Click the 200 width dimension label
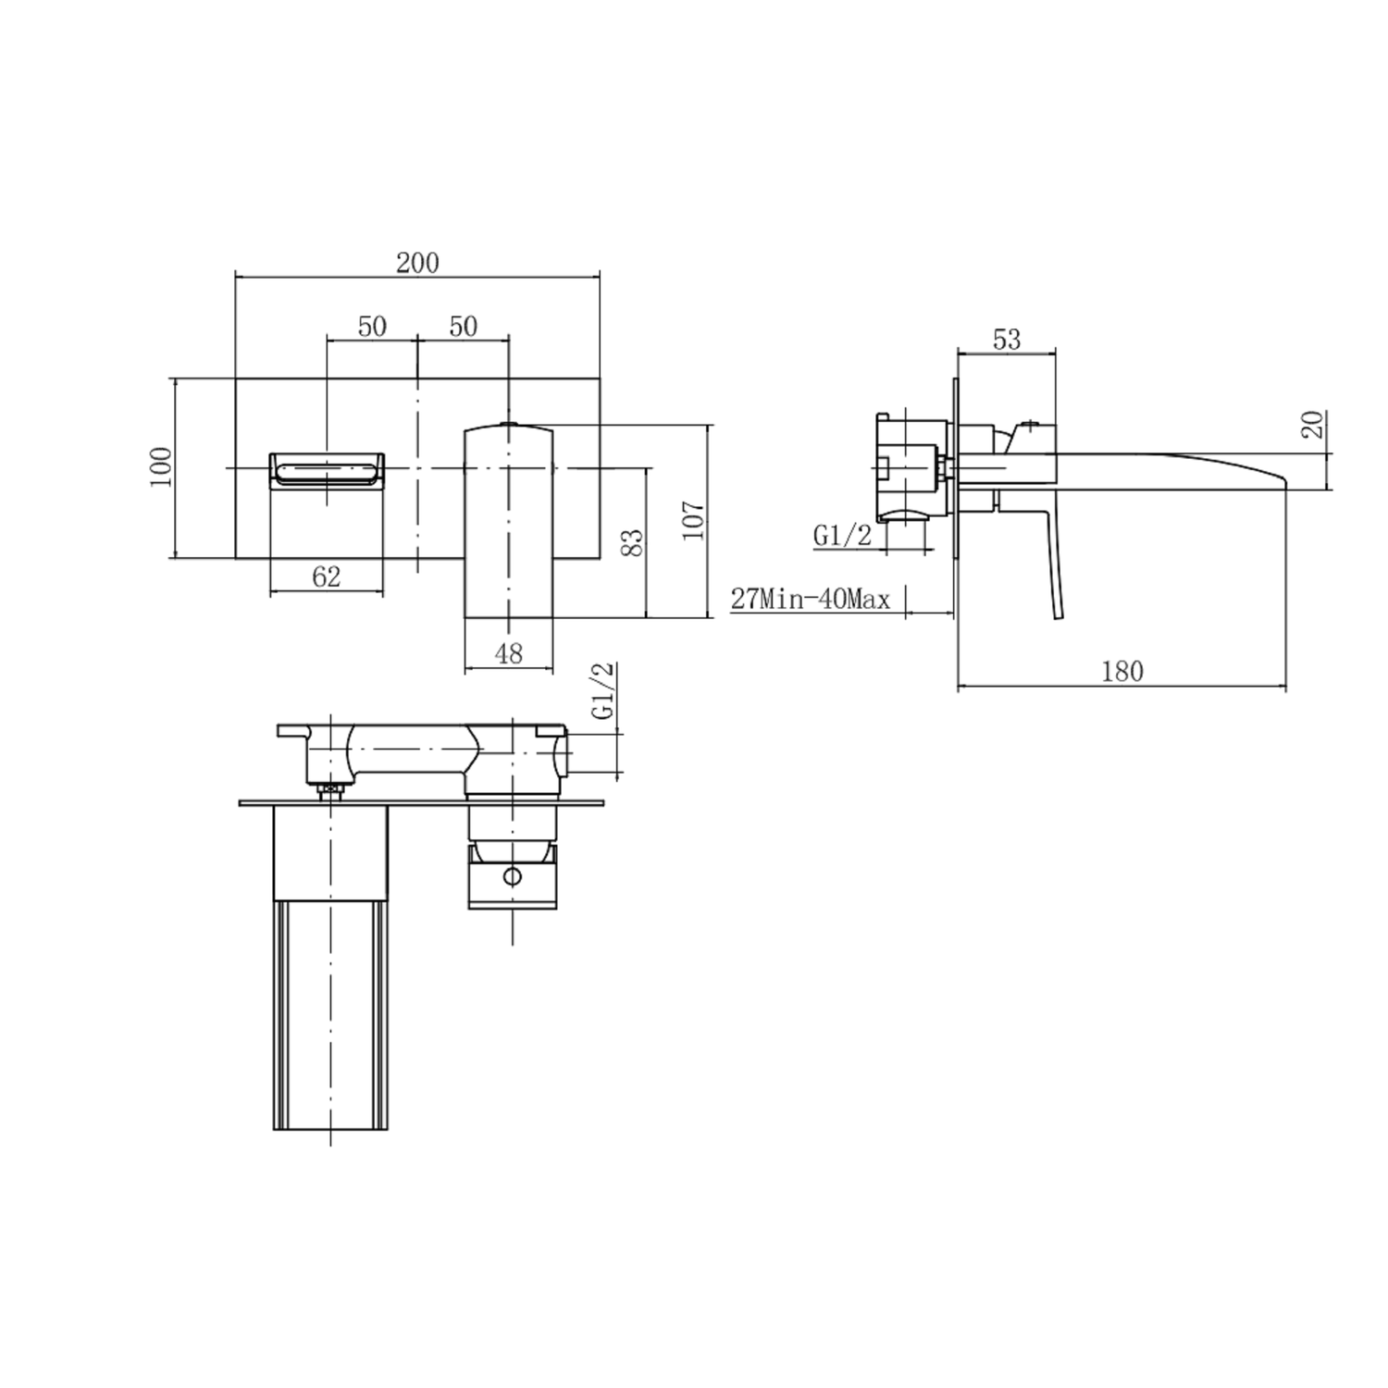coord(417,263)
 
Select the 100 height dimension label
coord(160,467)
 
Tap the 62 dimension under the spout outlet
coord(327,576)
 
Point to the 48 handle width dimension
coord(509,653)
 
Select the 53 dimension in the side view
coord(1006,340)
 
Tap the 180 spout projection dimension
coord(1122,671)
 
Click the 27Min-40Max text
coord(811,600)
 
